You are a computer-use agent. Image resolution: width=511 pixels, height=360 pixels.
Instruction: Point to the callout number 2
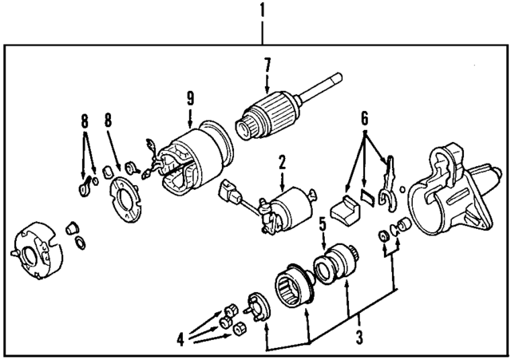point(281,164)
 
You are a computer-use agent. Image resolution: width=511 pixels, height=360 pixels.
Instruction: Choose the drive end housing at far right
point(454,188)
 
